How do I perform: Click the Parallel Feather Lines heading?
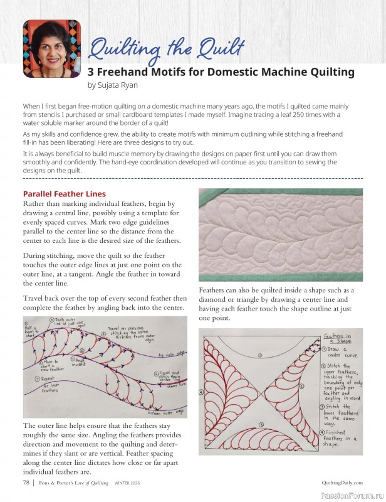64,194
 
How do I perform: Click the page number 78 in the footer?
26,482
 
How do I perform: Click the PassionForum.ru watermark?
351,495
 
